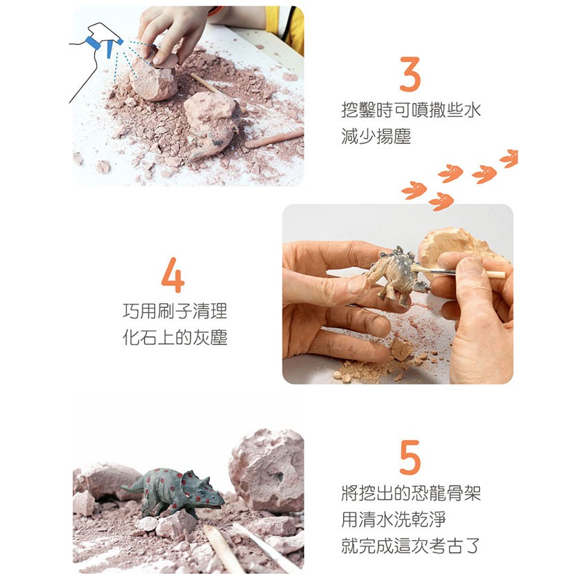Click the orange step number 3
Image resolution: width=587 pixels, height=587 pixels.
click(410, 74)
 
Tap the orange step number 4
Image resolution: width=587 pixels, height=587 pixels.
click(173, 275)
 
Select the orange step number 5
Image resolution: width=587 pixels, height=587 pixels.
click(410, 457)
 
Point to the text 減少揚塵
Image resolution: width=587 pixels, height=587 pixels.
click(376, 136)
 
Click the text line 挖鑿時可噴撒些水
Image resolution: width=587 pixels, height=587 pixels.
click(411, 110)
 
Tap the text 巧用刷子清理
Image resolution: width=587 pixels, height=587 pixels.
click(175, 311)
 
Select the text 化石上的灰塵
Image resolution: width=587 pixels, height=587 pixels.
click(175, 337)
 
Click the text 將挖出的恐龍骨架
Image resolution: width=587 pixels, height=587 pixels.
click(411, 493)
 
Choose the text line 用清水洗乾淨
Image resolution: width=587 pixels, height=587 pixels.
click(394, 519)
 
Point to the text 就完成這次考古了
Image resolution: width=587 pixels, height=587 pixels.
click(411, 546)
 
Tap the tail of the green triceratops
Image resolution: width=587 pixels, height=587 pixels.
click(132, 486)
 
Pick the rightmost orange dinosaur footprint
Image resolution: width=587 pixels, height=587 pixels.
click(510, 158)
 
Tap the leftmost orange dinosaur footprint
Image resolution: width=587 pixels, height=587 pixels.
click(414, 190)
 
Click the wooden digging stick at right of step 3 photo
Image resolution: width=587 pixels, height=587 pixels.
click(274, 139)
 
